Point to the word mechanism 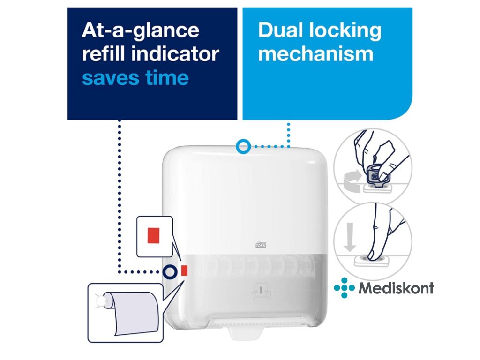[x=315, y=54]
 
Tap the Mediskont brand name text [x=396, y=287]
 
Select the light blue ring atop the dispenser [x=243, y=146]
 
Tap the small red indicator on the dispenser [x=184, y=270]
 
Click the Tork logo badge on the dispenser [x=259, y=244]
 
